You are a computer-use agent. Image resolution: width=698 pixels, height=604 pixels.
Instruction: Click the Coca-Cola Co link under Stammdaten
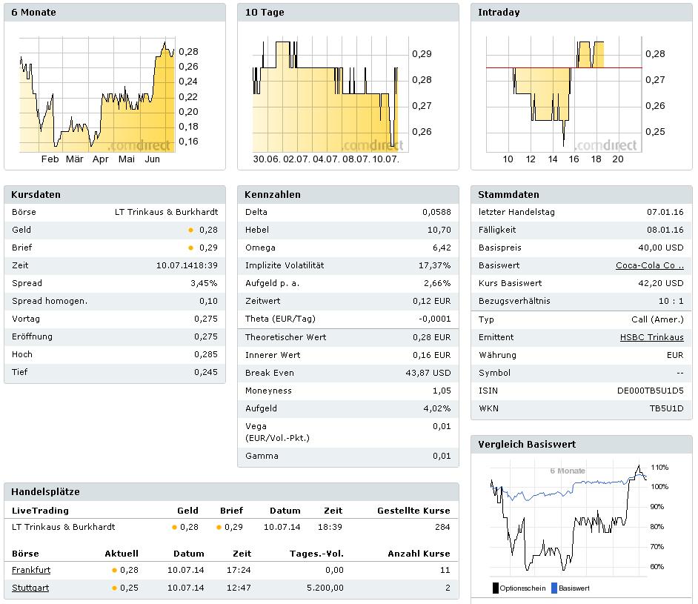(649, 265)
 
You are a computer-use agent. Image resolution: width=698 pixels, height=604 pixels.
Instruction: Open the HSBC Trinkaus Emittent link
(651, 337)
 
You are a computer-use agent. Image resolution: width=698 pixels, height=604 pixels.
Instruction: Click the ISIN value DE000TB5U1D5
(650, 391)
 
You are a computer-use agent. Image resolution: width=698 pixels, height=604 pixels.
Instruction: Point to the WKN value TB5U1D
(666, 408)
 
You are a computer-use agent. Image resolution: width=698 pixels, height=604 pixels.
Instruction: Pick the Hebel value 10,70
(439, 230)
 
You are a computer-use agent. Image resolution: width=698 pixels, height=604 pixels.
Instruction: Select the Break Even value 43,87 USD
(428, 373)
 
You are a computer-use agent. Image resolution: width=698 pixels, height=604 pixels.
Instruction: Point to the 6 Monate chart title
(33, 13)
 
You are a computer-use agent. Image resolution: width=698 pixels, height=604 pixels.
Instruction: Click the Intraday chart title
(499, 13)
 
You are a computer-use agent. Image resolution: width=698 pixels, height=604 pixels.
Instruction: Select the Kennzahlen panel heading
(273, 195)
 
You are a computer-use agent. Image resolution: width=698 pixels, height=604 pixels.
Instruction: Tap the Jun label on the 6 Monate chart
(152, 159)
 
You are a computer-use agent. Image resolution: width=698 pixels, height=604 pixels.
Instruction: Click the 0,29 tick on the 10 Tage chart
(421, 54)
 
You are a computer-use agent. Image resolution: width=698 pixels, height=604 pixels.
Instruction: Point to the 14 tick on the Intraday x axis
(553, 159)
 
